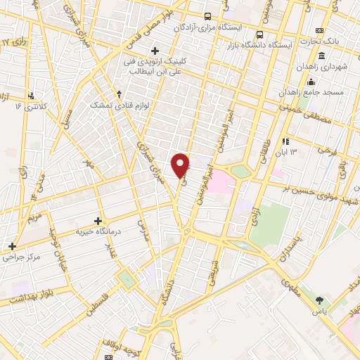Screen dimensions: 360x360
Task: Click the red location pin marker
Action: click(x=181, y=165)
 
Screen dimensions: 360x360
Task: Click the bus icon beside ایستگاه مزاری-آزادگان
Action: click(x=207, y=16)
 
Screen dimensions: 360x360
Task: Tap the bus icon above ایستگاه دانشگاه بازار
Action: click(x=260, y=34)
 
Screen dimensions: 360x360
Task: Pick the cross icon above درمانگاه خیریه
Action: click(x=98, y=221)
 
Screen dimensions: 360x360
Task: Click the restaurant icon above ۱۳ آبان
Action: click(x=285, y=141)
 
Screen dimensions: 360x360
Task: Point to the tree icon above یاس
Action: click(x=321, y=301)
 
